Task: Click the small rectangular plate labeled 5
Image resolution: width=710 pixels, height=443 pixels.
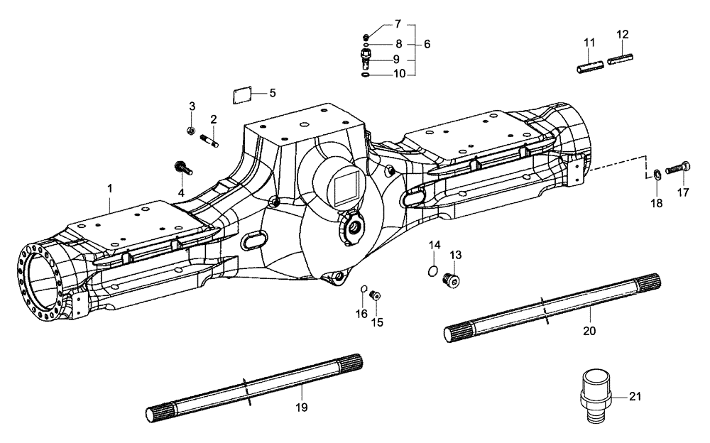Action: [244, 94]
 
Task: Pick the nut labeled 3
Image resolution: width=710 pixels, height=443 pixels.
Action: [190, 130]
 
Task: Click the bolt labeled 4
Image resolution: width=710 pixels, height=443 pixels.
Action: [180, 169]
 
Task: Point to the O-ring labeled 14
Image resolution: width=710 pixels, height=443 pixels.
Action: [433, 270]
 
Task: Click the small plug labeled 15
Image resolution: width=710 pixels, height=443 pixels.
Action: [377, 295]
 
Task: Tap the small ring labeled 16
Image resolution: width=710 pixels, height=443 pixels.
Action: [364, 289]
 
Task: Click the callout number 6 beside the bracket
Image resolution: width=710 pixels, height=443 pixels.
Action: [427, 44]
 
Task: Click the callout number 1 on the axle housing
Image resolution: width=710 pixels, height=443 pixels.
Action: [110, 188]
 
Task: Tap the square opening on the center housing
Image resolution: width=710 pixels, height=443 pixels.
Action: [343, 190]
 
